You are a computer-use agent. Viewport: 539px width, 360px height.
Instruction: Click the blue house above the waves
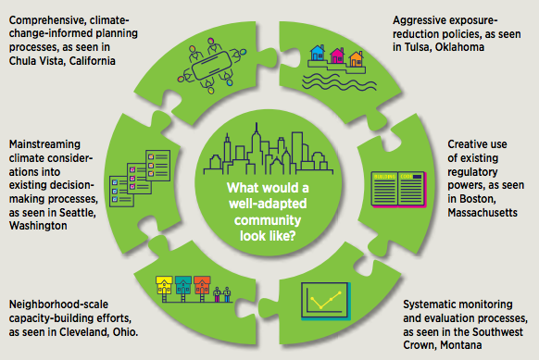pos(318,53)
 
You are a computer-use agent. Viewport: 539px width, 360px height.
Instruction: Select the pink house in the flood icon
pos(337,56)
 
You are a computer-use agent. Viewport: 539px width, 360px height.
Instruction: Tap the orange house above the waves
pos(356,58)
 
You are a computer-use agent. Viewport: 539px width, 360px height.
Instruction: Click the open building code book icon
pos(399,190)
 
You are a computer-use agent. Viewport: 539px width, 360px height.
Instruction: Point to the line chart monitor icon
pos(326,301)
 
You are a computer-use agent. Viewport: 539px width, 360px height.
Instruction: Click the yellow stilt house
pos(164,289)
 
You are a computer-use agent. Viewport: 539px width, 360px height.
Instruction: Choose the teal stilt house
pos(182,289)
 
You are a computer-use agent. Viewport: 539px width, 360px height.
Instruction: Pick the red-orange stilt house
pos(202,289)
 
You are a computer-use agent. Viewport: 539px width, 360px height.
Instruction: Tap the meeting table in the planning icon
pos(211,66)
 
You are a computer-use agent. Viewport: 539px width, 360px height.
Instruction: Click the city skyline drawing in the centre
pos(269,150)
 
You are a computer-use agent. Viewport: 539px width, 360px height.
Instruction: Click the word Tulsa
pos(417,47)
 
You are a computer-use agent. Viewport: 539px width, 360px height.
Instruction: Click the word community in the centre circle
pos(268,220)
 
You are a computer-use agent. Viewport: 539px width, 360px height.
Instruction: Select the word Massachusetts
pos(483,213)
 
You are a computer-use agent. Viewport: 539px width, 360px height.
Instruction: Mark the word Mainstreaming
pos(44,144)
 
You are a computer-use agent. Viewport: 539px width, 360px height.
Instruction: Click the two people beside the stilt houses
pos(221,294)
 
